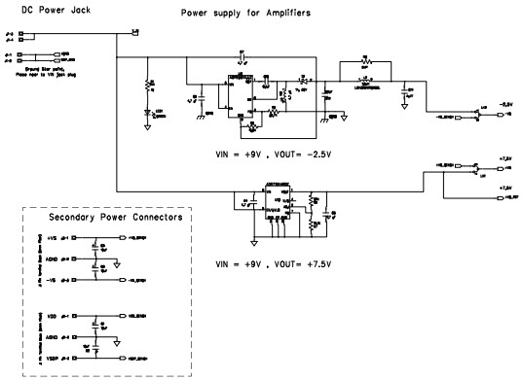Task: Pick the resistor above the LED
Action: (x=148, y=86)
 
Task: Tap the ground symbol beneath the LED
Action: (x=148, y=126)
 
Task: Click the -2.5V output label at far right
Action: (x=505, y=103)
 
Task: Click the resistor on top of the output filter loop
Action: (x=365, y=60)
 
